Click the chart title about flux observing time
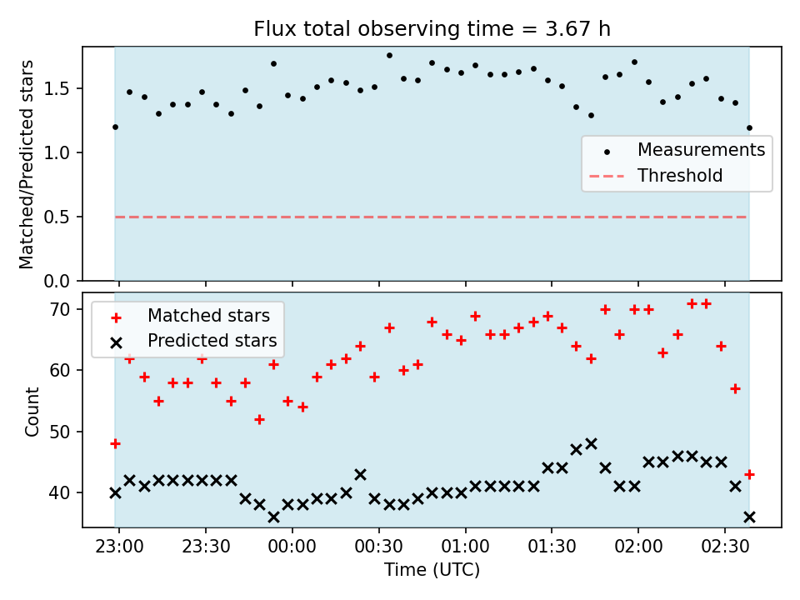point(432,28)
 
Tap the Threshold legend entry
point(656,176)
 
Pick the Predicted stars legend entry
point(193,341)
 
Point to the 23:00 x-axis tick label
point(119,547)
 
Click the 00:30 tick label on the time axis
point(378,547)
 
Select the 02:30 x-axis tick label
point(725,547)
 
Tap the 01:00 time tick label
point(465,547)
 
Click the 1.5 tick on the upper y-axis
point(57,89)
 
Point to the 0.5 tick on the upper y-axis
point(57,217)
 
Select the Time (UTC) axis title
point(432,570)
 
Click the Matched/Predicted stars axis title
point(26,164)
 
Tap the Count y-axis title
point(32,411)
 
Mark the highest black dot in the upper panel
point(389,55)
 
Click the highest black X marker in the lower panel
point(592,444)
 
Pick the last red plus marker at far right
point(749,474)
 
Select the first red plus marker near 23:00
point(115,444)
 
